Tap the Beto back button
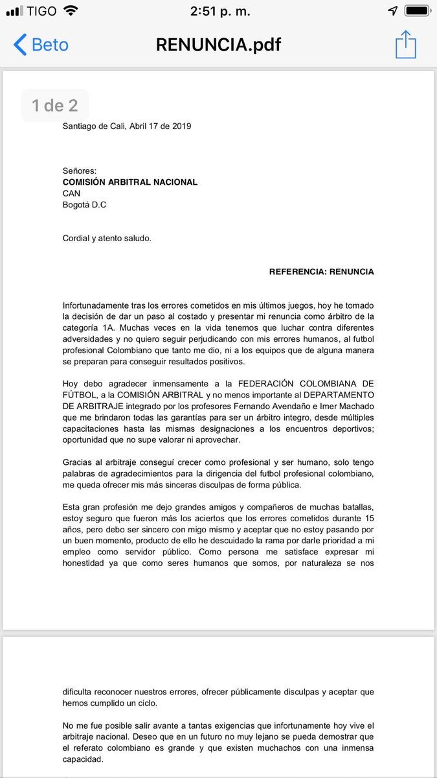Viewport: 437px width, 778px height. pos(41,45)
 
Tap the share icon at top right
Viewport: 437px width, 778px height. pos(405,45)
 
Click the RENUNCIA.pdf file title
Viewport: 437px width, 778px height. pos(218,45)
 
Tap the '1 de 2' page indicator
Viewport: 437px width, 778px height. pos(55,105)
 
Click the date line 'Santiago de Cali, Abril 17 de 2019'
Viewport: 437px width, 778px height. pos(127,126)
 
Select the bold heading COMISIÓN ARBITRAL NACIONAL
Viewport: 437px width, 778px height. pos(130,182)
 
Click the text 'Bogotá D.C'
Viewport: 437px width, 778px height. pos(84,205)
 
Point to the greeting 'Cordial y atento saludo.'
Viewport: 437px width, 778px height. pos(107,238)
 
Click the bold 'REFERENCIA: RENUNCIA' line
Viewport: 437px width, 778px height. pos(321,272)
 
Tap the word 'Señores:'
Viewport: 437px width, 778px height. pos(80,171)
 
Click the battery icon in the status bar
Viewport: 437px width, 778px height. pos(418,12)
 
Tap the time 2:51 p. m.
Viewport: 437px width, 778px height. pos(220,12)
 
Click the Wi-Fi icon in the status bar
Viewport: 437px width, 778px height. pos(71,12)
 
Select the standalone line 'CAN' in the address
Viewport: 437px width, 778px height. pos(72,193)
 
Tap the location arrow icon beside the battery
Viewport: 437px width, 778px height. pos(393,12)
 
